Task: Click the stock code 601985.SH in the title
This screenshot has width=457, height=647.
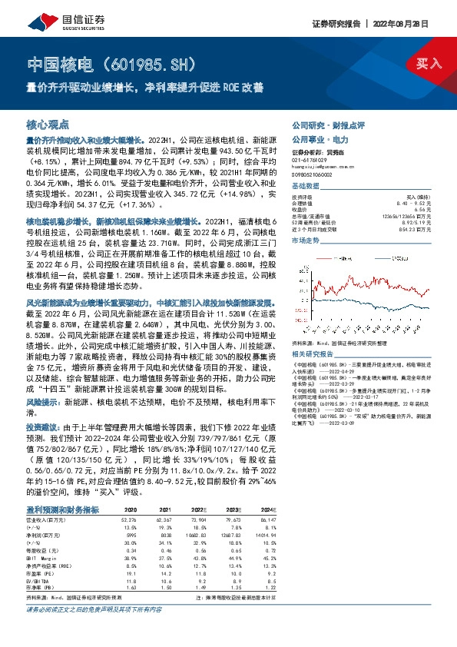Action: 161,62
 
